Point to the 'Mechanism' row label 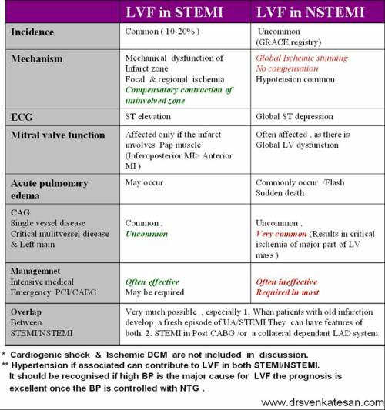pos(38,58)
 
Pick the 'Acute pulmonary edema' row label pos(50,189)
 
